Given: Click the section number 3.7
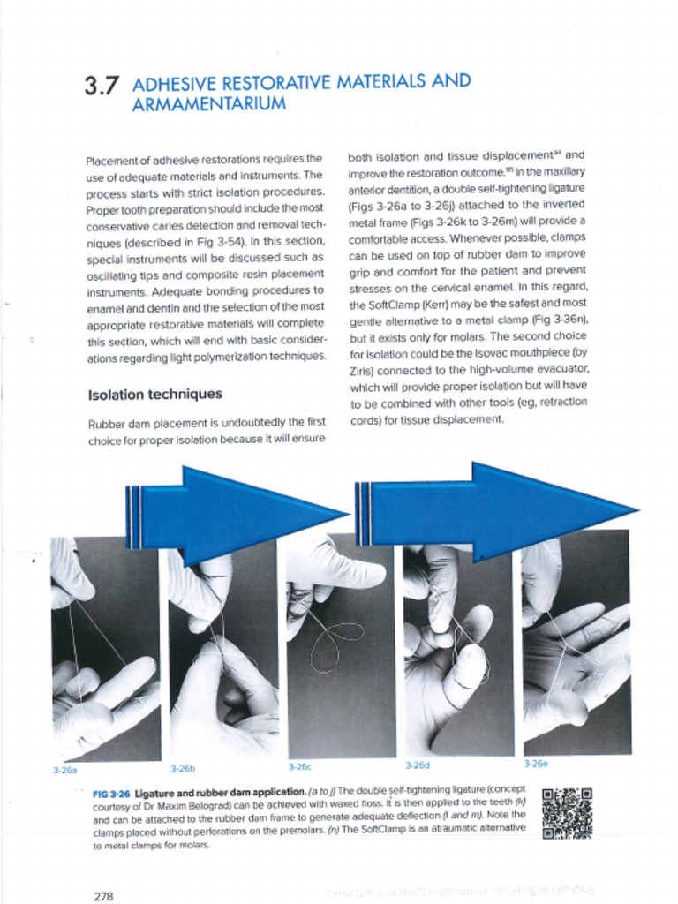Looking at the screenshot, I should click(102, 87).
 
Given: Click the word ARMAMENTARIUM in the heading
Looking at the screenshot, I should click(208, 105).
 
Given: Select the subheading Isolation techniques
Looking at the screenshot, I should click(154, 394).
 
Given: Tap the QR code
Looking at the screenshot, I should click(566, 813).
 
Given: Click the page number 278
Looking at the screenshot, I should click(103, 896).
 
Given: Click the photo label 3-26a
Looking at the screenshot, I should click(64, 770).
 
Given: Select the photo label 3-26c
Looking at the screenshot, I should click(300, 766).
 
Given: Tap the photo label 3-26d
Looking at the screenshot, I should click(417, 765).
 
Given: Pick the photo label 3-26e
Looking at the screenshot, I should click(535, 764).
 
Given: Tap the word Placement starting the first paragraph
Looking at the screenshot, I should click(113, 161).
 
